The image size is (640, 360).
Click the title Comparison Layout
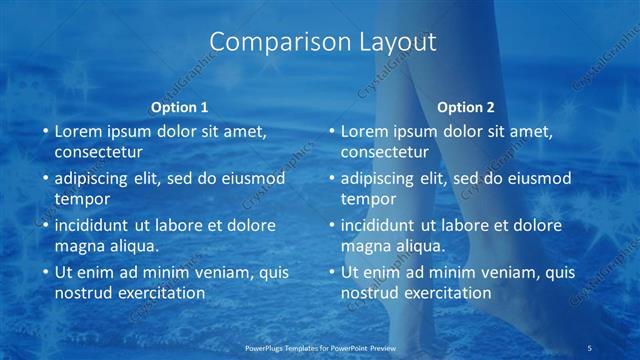[x=324, y=41]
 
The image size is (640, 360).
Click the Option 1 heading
[x=180, y=107]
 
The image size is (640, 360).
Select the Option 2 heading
[x=466, y=107]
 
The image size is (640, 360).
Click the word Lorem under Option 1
[x=81, y=131]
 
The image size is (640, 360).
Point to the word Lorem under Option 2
[x=367, y=131]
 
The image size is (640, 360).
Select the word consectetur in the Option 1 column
[x=98, y=152]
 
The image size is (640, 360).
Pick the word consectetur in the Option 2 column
[x=384, y=152]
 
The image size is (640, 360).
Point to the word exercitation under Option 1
[x=159, y=293]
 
